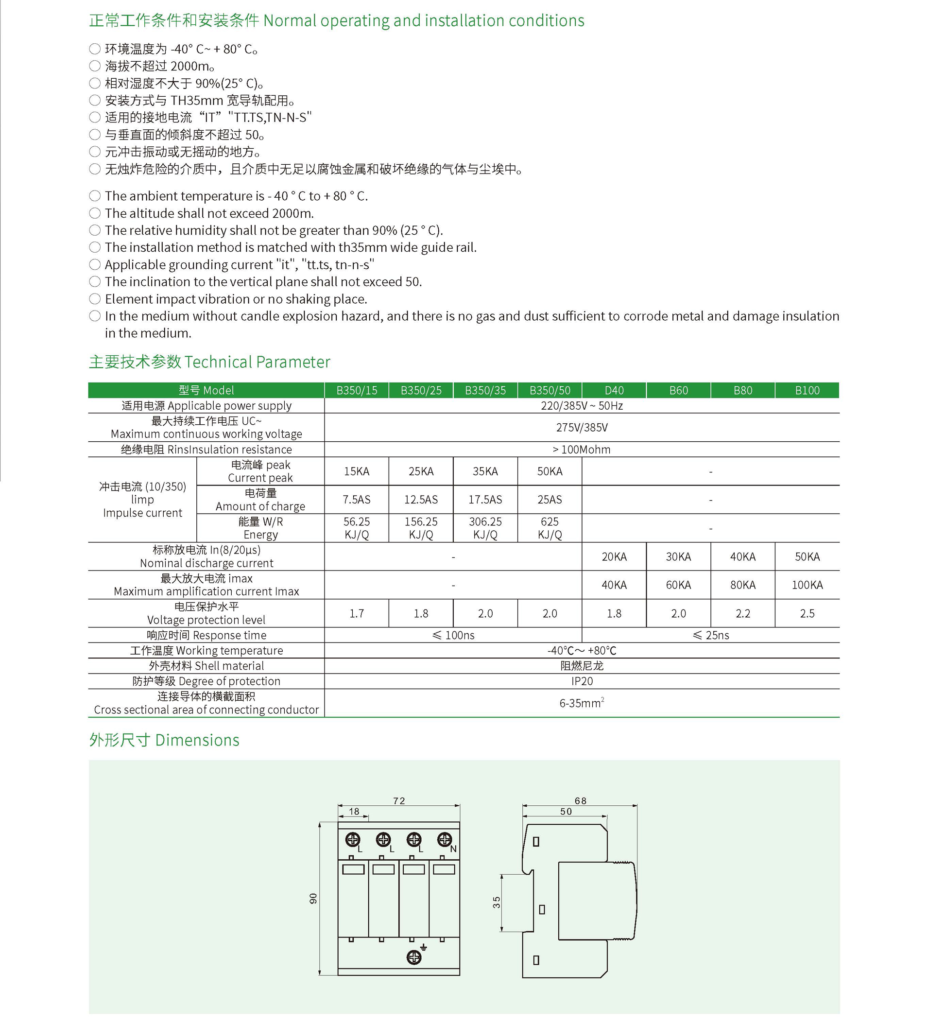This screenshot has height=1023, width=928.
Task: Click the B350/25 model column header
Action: pos(421,390)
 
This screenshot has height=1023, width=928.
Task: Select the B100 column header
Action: pos(807,390)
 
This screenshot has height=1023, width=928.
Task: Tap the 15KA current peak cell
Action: pos(356,471)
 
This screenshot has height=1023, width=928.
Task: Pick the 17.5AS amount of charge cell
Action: pos(485,500)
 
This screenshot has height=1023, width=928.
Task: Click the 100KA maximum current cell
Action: pos(807,585)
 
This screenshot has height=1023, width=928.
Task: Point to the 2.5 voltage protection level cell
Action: pos(807,613)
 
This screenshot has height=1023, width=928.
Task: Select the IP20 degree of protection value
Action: pos(582,681)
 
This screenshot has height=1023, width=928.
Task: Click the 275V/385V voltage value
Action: pos(582,427)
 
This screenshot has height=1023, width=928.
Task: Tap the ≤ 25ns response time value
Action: pos(710,635)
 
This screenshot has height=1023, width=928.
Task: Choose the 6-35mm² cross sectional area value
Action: pos(582,703)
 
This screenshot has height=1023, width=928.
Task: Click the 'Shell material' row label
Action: pos(206,666)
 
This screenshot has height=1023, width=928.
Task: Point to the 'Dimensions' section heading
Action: pos(164,740)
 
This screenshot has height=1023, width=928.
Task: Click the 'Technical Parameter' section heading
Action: pos(209,362)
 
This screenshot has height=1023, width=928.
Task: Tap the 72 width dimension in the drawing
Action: pos(399,801)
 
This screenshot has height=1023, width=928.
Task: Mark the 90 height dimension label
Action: pos(313,899)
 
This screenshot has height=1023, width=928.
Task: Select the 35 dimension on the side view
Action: pos(496,902)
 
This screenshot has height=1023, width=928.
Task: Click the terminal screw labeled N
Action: pos(445,839)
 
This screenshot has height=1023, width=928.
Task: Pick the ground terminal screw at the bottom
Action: pos(414,957)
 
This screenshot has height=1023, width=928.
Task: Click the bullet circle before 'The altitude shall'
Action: pos(95,213)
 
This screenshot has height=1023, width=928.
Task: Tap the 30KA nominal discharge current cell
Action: pos(678,556)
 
